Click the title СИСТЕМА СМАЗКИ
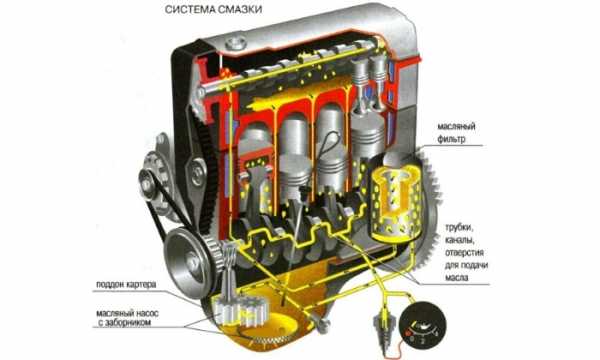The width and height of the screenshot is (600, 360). pos(214,10)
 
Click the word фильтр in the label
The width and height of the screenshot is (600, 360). pos(452,138)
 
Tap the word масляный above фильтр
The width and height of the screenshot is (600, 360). pos(456,127)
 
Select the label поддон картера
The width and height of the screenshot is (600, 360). pos(126,285)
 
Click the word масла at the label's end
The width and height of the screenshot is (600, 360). pos(456,277)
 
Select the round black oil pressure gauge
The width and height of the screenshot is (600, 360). pos(422,325)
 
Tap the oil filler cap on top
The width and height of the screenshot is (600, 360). pos(235,43)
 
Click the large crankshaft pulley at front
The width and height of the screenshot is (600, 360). pos(188,261)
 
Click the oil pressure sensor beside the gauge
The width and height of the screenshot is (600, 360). pos(384,329)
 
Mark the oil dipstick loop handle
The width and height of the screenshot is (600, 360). pos(328,143)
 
